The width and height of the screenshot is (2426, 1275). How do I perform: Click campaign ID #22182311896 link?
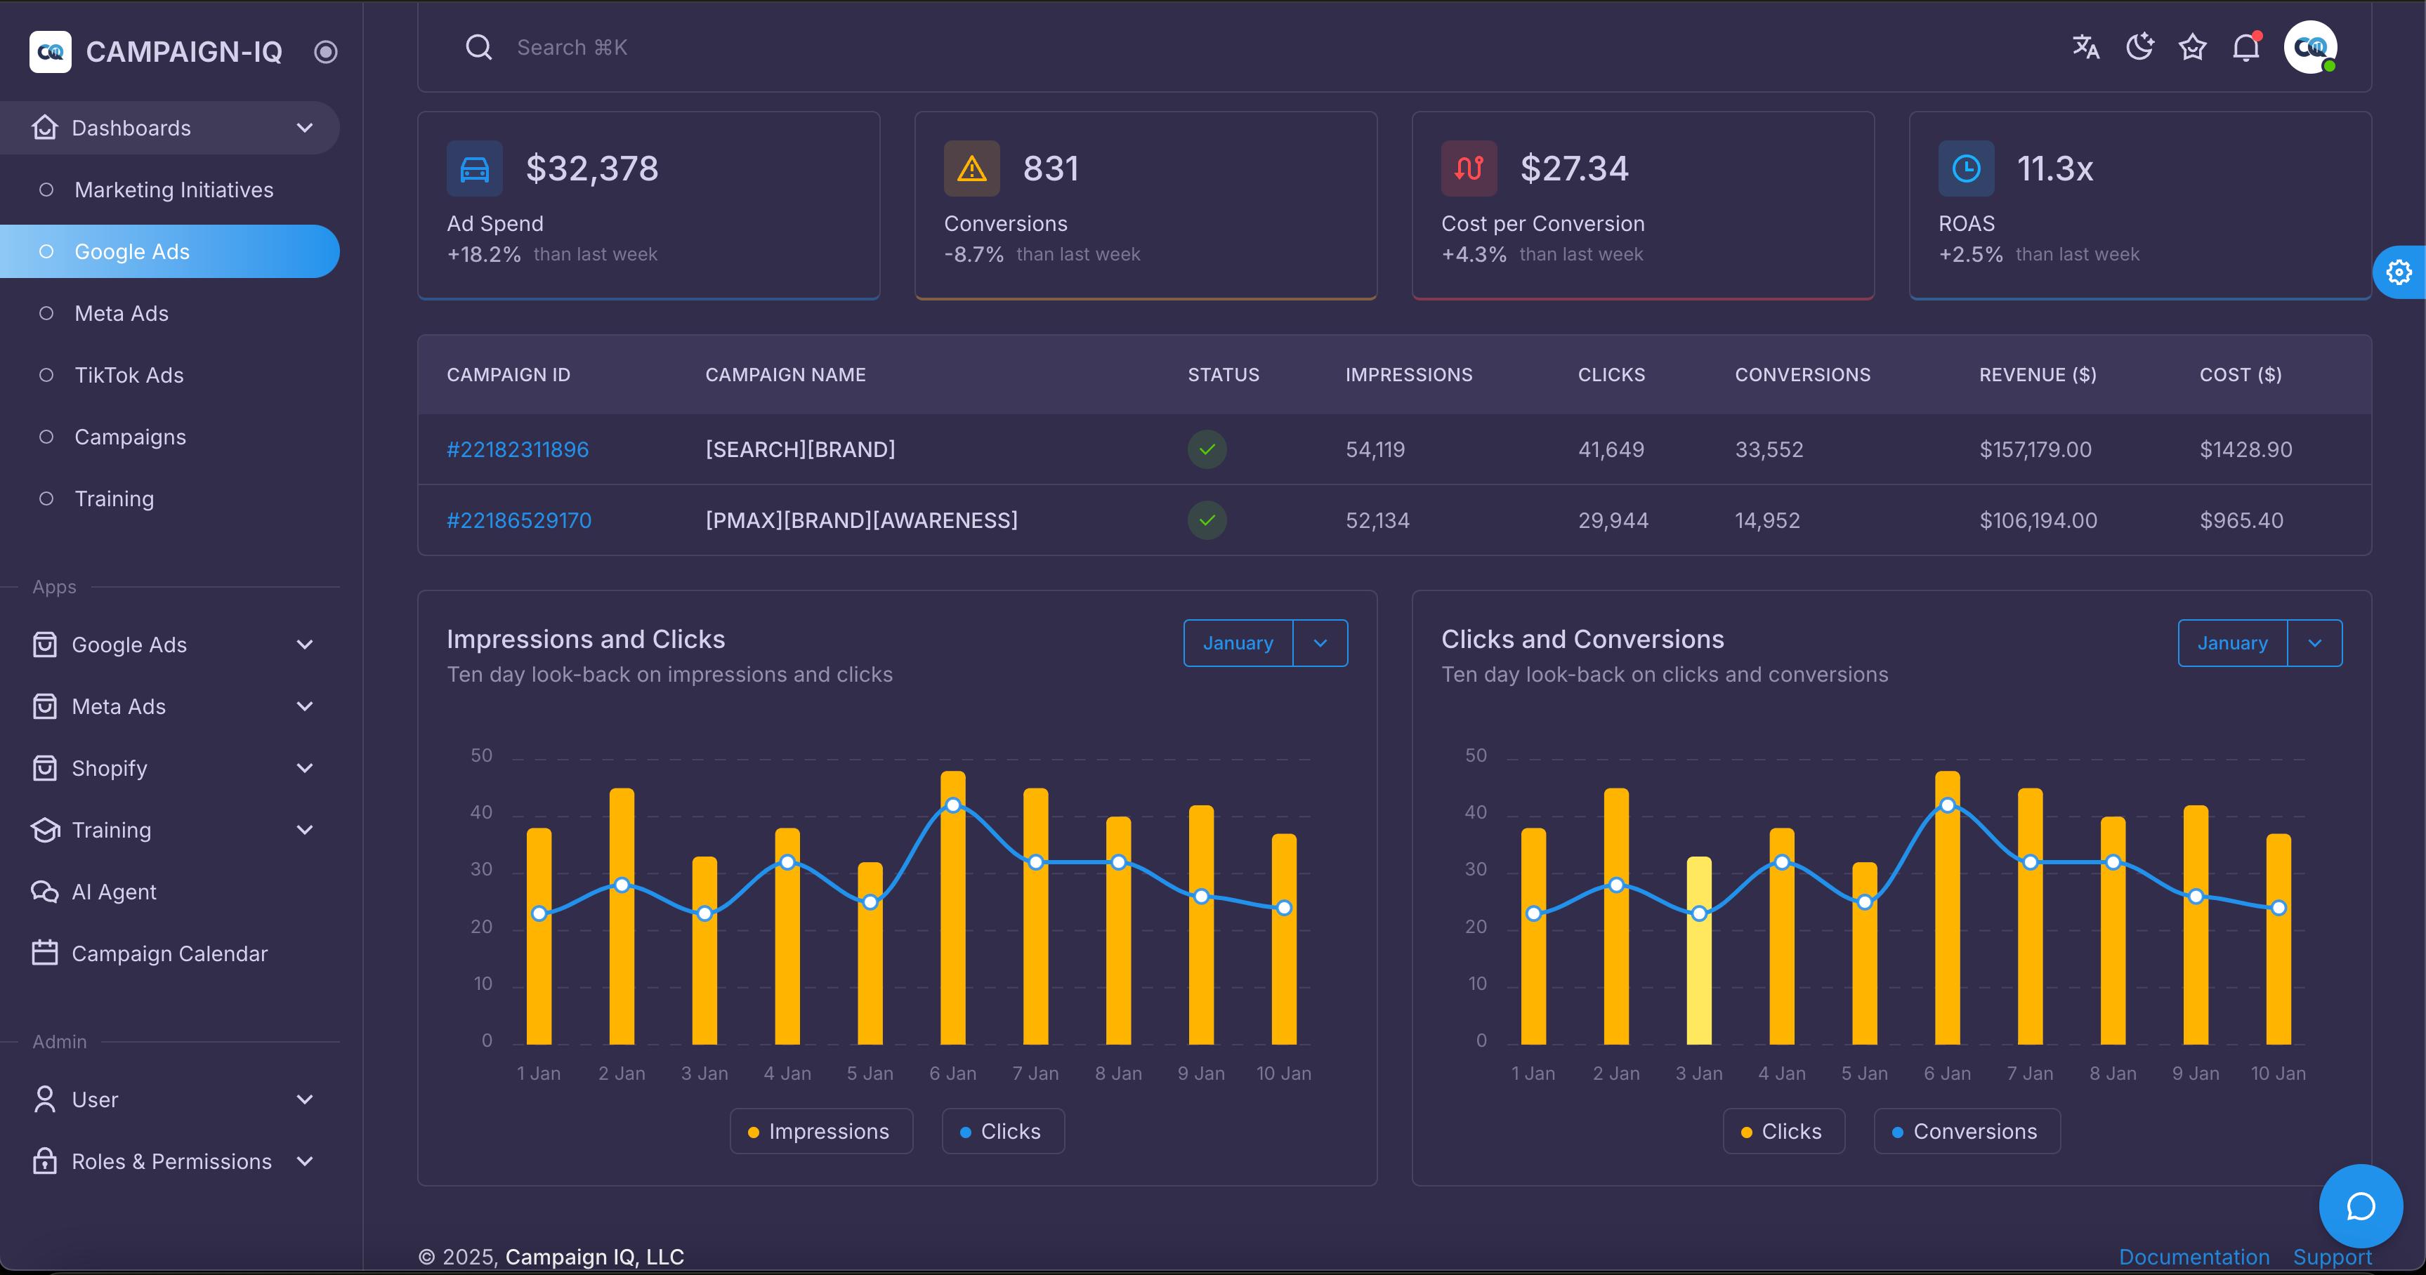517,449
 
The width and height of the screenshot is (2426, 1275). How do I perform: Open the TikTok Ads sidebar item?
129,375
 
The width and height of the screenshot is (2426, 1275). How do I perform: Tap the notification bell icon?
2246,47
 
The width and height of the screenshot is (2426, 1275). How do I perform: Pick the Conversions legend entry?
1967,1131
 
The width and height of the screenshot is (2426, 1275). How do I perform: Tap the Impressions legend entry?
820,1131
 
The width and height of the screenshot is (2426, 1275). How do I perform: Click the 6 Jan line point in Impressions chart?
953,805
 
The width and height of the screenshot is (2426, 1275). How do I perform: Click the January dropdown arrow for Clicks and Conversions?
2314,643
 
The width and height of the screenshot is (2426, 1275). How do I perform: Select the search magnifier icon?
478,47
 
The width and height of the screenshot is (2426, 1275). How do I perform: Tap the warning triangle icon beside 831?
971,169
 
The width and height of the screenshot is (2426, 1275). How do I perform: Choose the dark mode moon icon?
2139,46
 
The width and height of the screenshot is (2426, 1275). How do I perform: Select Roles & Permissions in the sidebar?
171,1161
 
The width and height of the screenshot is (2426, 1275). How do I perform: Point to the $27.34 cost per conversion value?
1574,169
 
